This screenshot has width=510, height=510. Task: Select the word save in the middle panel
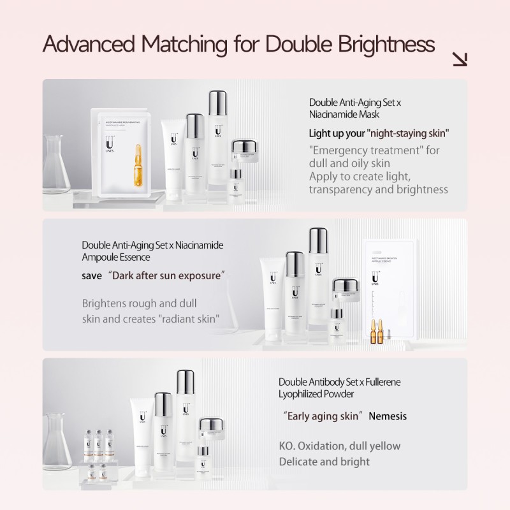tap(92, 277)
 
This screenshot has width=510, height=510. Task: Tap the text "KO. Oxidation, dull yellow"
tap(340, 446)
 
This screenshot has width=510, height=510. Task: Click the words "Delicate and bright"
tap(324, 462)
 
